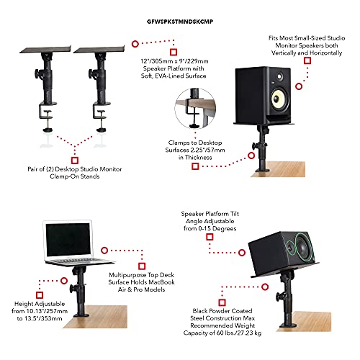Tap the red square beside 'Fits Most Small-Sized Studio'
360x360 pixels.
307,61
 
